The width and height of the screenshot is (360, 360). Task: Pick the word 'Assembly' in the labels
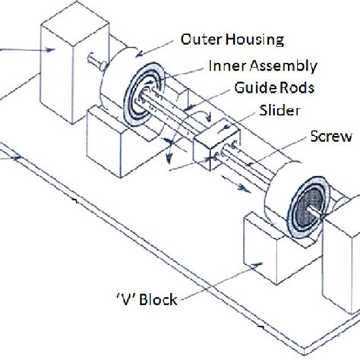[270, 67]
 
